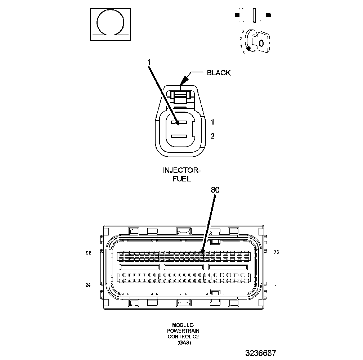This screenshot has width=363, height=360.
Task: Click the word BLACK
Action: [x=219, y=73]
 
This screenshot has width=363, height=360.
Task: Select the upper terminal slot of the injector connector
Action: [x=179, y=123]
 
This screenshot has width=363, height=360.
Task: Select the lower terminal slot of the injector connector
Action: [x=179, y=136]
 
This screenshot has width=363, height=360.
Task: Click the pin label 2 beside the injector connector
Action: [x=212, y=136]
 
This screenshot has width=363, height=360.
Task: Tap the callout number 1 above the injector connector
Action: [x=149, y=62]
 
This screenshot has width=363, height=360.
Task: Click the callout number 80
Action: [x=215, y=190]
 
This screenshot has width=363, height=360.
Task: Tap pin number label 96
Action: [x=89, y=253]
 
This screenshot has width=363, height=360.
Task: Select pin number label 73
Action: [x=276, y=252]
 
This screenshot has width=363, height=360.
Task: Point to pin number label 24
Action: [x=88, y=285]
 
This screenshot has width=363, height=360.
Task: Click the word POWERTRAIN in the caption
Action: [x=184, y=331]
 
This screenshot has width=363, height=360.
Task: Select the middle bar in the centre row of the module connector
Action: [x=184, y=267]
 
